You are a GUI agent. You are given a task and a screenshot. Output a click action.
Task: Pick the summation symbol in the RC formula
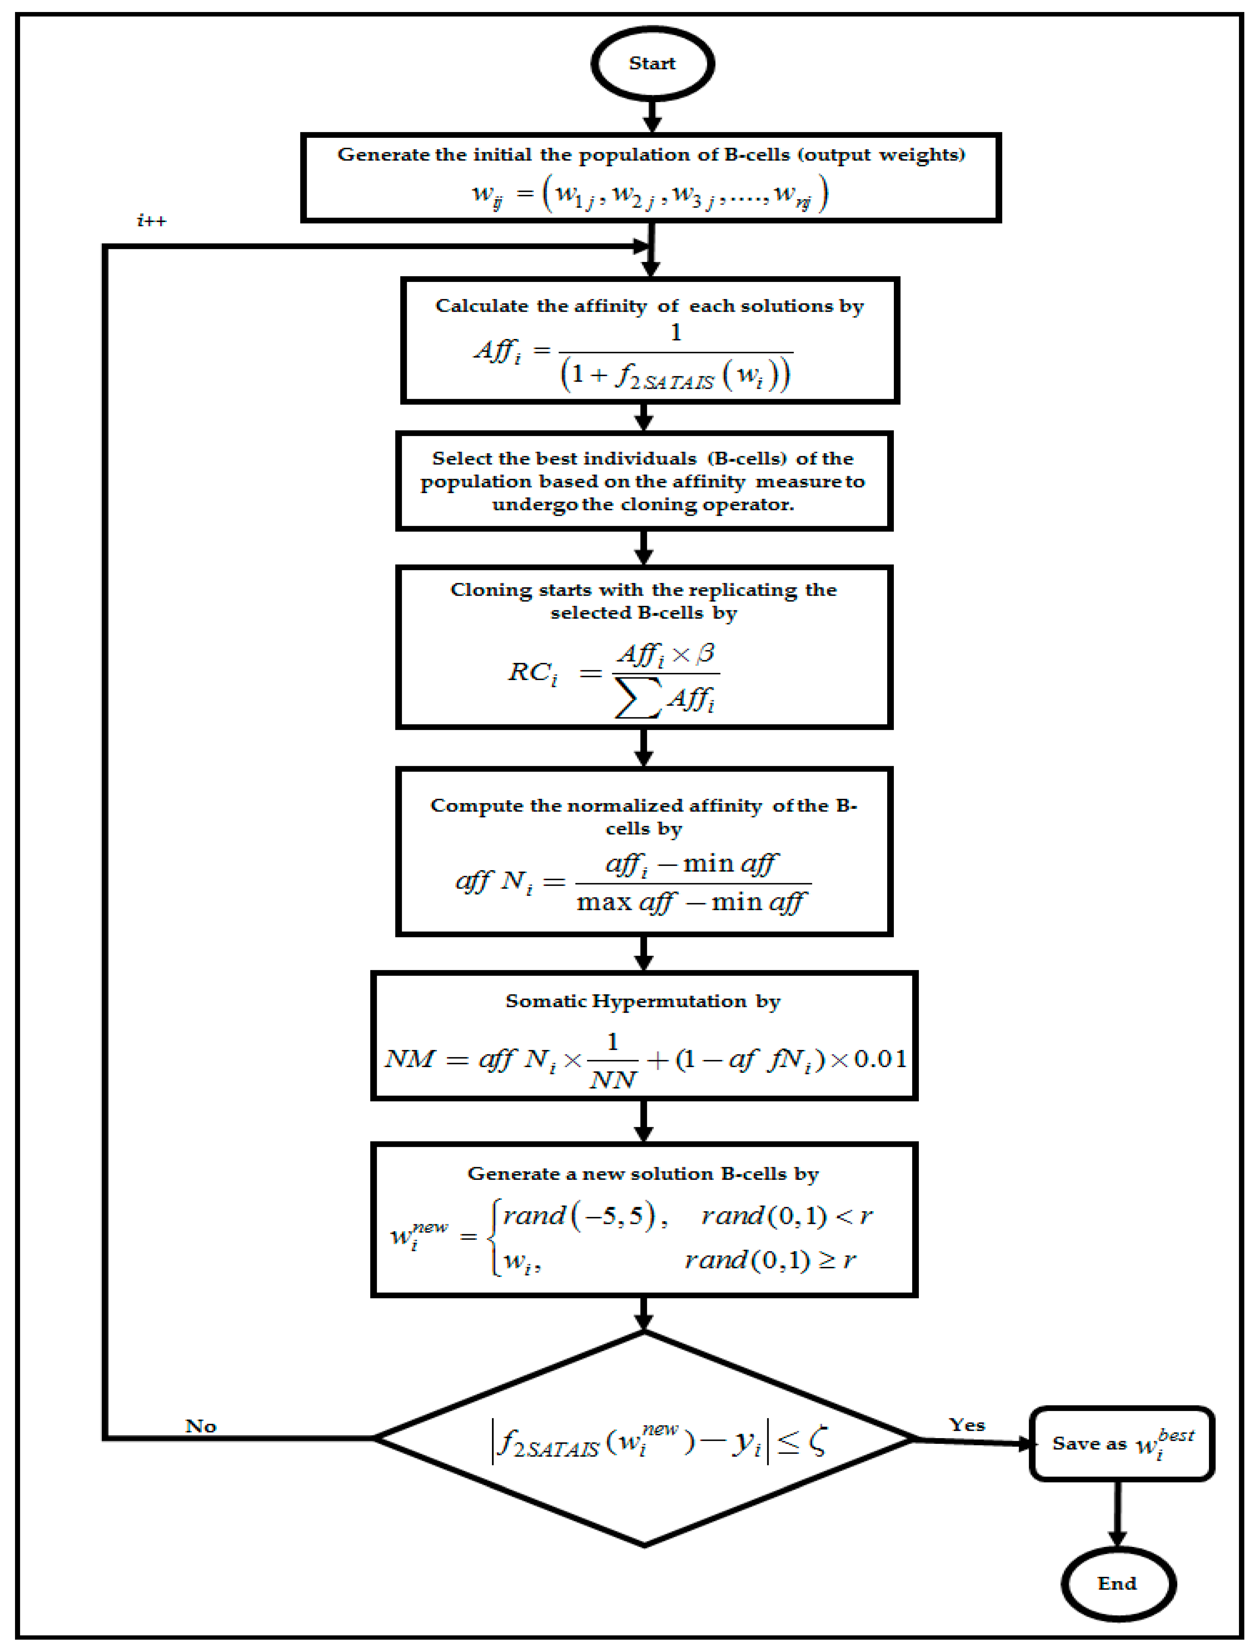tap(637, 698)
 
